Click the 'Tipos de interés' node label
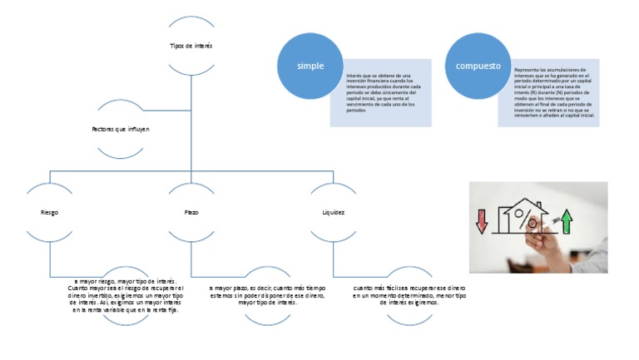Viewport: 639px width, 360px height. point(191,46)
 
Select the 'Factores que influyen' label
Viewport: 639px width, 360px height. point(121,130)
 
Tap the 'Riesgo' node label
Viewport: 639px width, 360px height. point(49,212)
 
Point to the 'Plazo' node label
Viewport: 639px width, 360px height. point(191,212)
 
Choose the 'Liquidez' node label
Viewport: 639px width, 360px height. point(333,212)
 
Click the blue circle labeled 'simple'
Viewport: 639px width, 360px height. point(310,66)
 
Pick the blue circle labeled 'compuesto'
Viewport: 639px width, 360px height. point(478,66)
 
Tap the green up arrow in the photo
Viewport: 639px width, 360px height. point(567,222)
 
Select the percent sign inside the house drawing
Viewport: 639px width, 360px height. point(527,222)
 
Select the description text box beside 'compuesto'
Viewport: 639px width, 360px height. point(550,92)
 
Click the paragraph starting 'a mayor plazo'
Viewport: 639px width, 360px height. point(266,294)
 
